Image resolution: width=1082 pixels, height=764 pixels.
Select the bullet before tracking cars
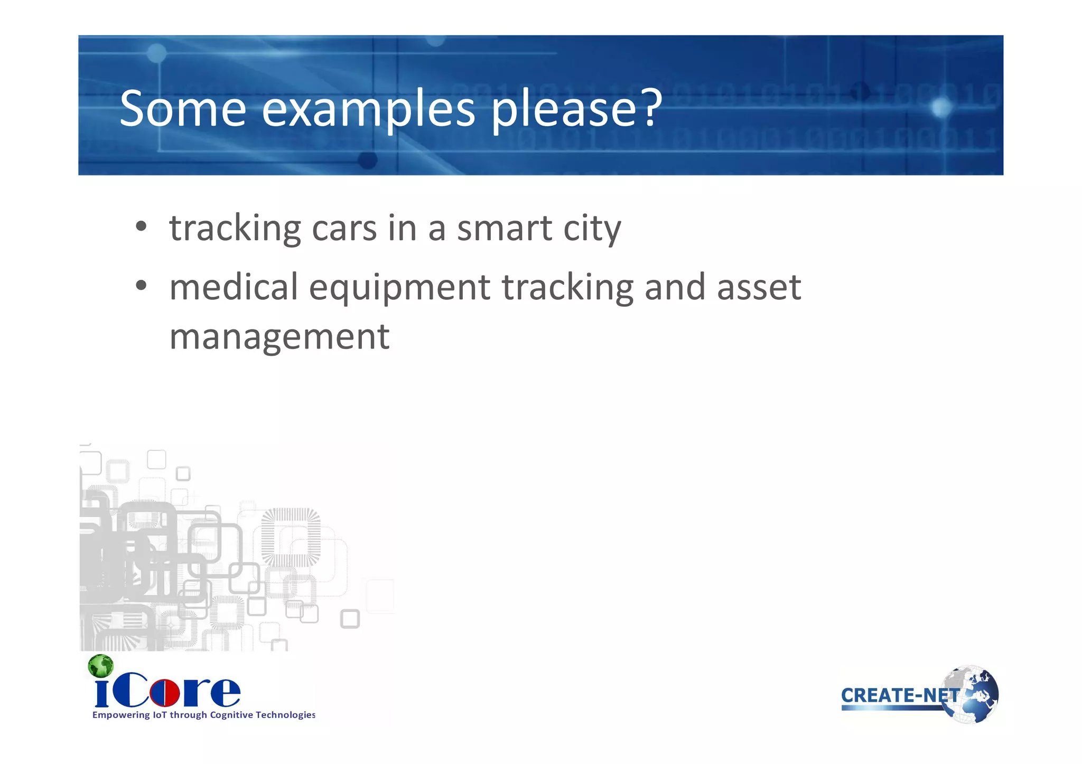[x=141, y=227]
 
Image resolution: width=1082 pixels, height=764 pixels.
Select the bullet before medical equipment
[x=141, y=286]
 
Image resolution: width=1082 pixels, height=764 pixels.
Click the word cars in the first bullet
[x=344, y=228]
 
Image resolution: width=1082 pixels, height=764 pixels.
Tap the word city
[x=592, y=229]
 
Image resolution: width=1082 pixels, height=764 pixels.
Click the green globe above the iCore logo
[x=100, y=666]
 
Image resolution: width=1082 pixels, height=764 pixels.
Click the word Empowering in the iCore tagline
[x=121, y=715]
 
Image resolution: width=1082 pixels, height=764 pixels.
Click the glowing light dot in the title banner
[x=941, y=108]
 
